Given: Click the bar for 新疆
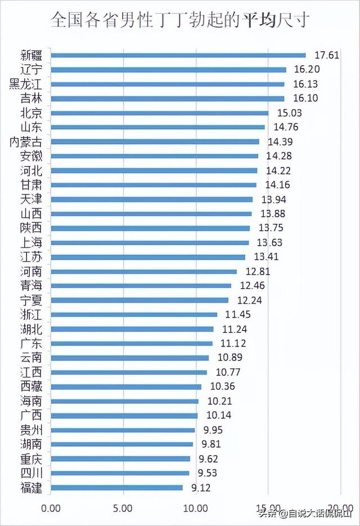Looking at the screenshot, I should coord(178,55).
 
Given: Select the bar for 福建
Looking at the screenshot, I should coord(117,487).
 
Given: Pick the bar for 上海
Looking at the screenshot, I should coord(150,242).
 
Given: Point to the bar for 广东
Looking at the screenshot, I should coord(132,343).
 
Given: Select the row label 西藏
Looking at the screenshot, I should coord(31,386).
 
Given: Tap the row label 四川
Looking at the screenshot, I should coord(31,473).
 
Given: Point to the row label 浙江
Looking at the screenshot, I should coord(31,314).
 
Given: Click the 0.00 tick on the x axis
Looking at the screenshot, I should coord(51,508).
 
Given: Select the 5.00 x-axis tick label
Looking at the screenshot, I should coord(124,508).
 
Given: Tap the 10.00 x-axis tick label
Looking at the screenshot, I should coord(196,508).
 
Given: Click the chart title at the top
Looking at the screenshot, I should coord(180,21).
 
